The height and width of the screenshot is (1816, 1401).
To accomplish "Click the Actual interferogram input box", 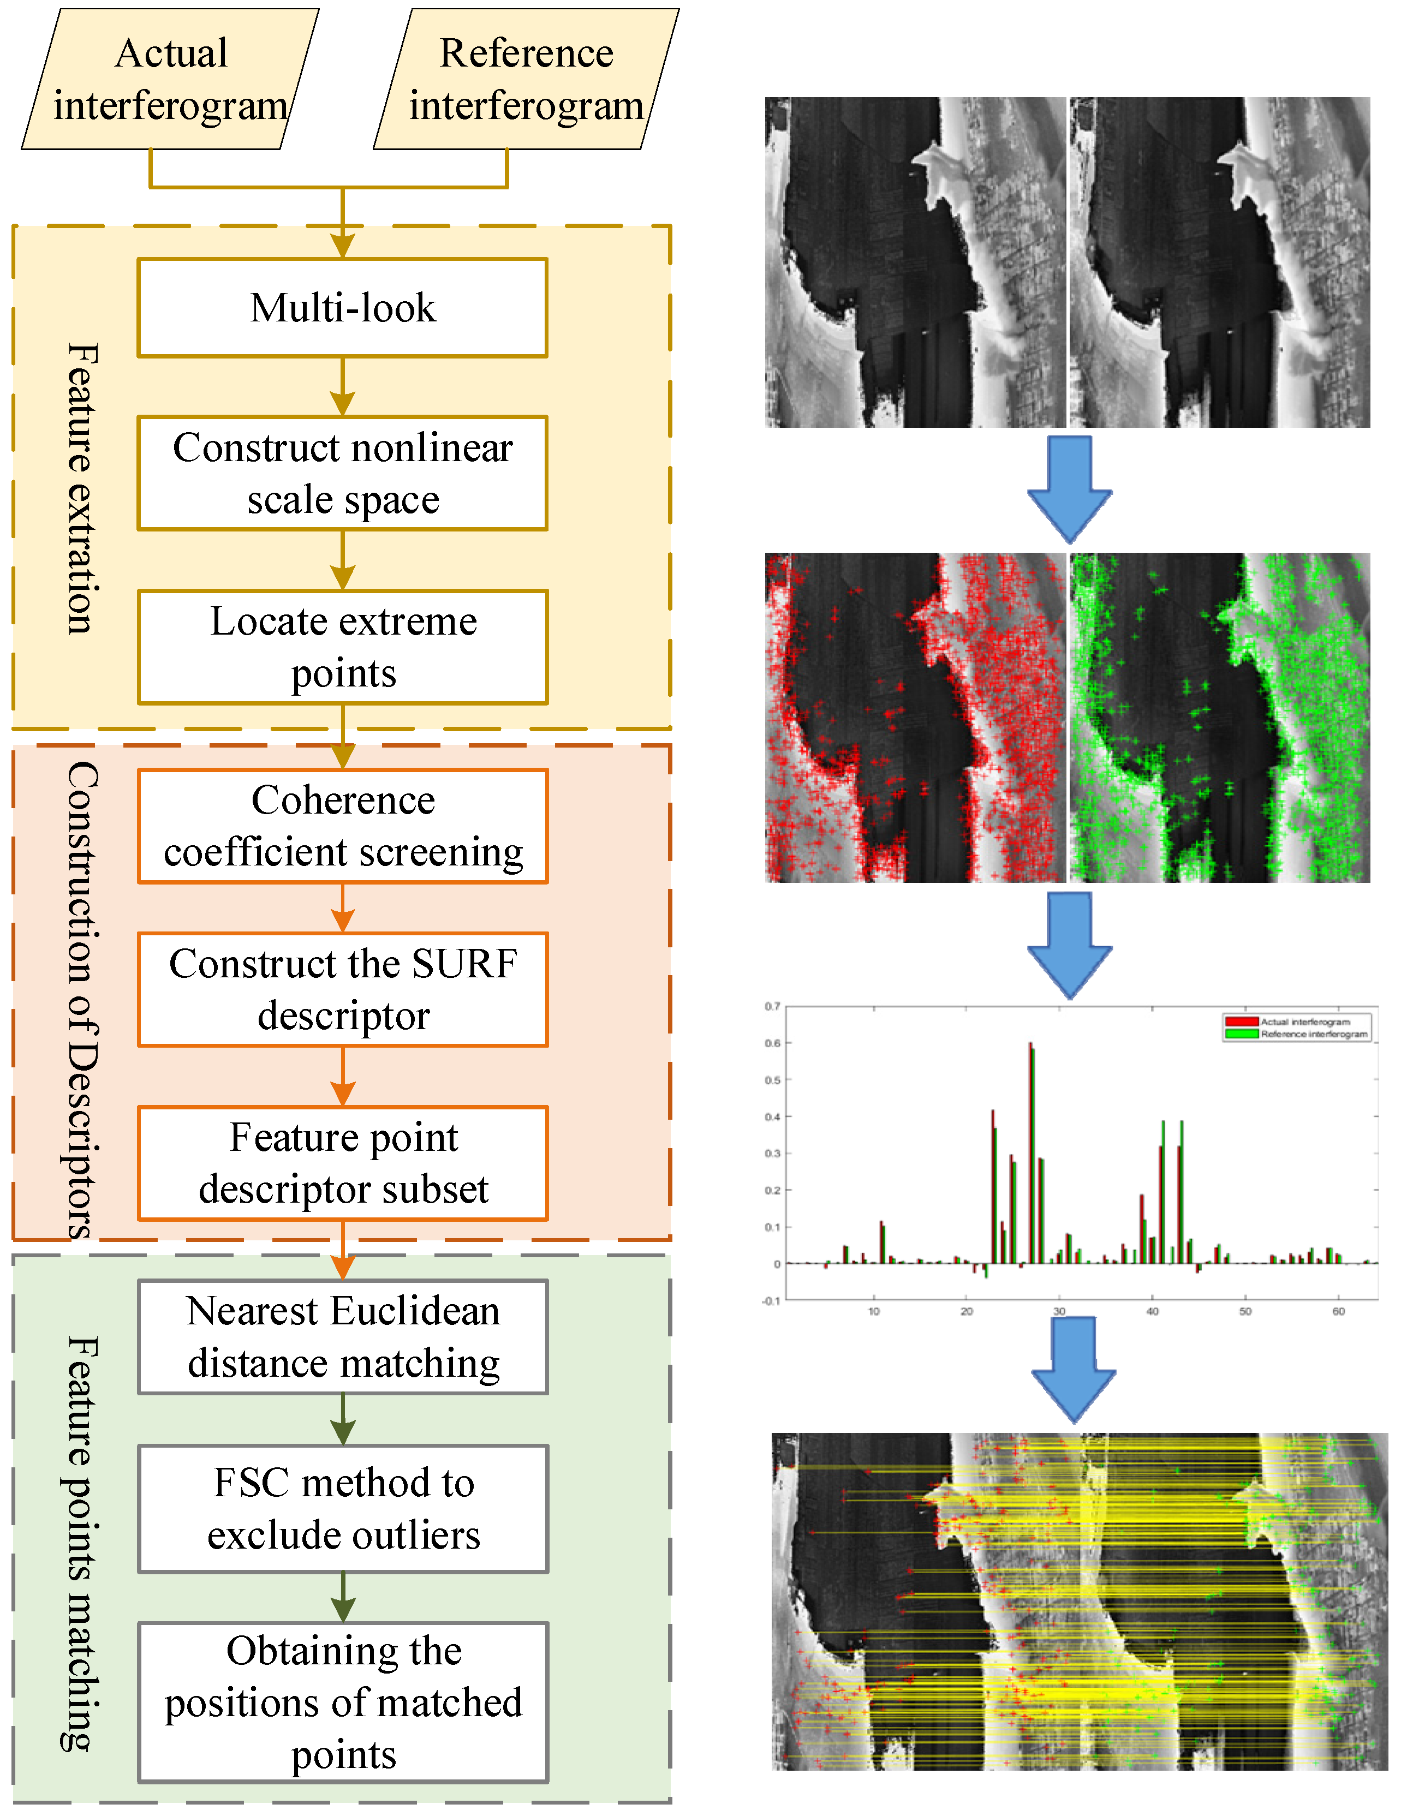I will [x=170, y=80].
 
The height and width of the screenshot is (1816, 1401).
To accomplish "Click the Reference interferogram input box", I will [x=526, y=80].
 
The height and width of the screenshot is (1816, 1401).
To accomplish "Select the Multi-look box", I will [x=343, y=308].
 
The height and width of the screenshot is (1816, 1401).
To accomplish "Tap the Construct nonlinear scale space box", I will [x=343, y=473].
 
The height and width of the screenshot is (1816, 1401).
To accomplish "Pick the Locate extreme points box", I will [x=343, y=647].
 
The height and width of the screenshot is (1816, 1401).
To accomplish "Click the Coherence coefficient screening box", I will [x=343, y=826].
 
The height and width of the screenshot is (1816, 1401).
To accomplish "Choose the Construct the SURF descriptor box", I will [x=343, y=989].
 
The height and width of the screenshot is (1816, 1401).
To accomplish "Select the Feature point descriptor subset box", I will [x=343, y=1163].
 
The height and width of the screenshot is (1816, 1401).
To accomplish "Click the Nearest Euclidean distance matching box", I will [x=343, y=1337].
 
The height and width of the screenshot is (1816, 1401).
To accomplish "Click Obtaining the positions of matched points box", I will [x=343, y=1702].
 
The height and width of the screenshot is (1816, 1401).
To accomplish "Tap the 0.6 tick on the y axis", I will [x=772, y=1043].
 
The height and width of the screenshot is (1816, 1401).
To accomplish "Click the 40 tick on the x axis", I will [x=1152, y=1311].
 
